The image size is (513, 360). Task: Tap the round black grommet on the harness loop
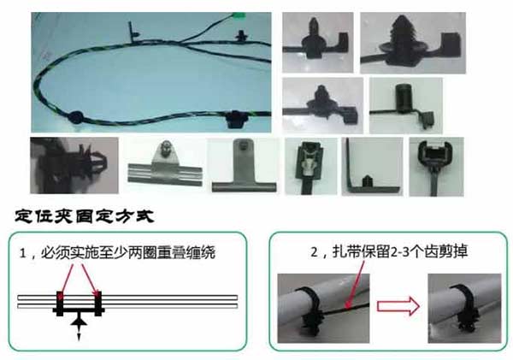(75, 114)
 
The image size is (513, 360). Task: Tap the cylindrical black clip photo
(398, 103)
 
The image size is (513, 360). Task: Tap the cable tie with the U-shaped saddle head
(436, 163)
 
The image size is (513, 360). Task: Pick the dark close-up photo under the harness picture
(68, 165)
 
